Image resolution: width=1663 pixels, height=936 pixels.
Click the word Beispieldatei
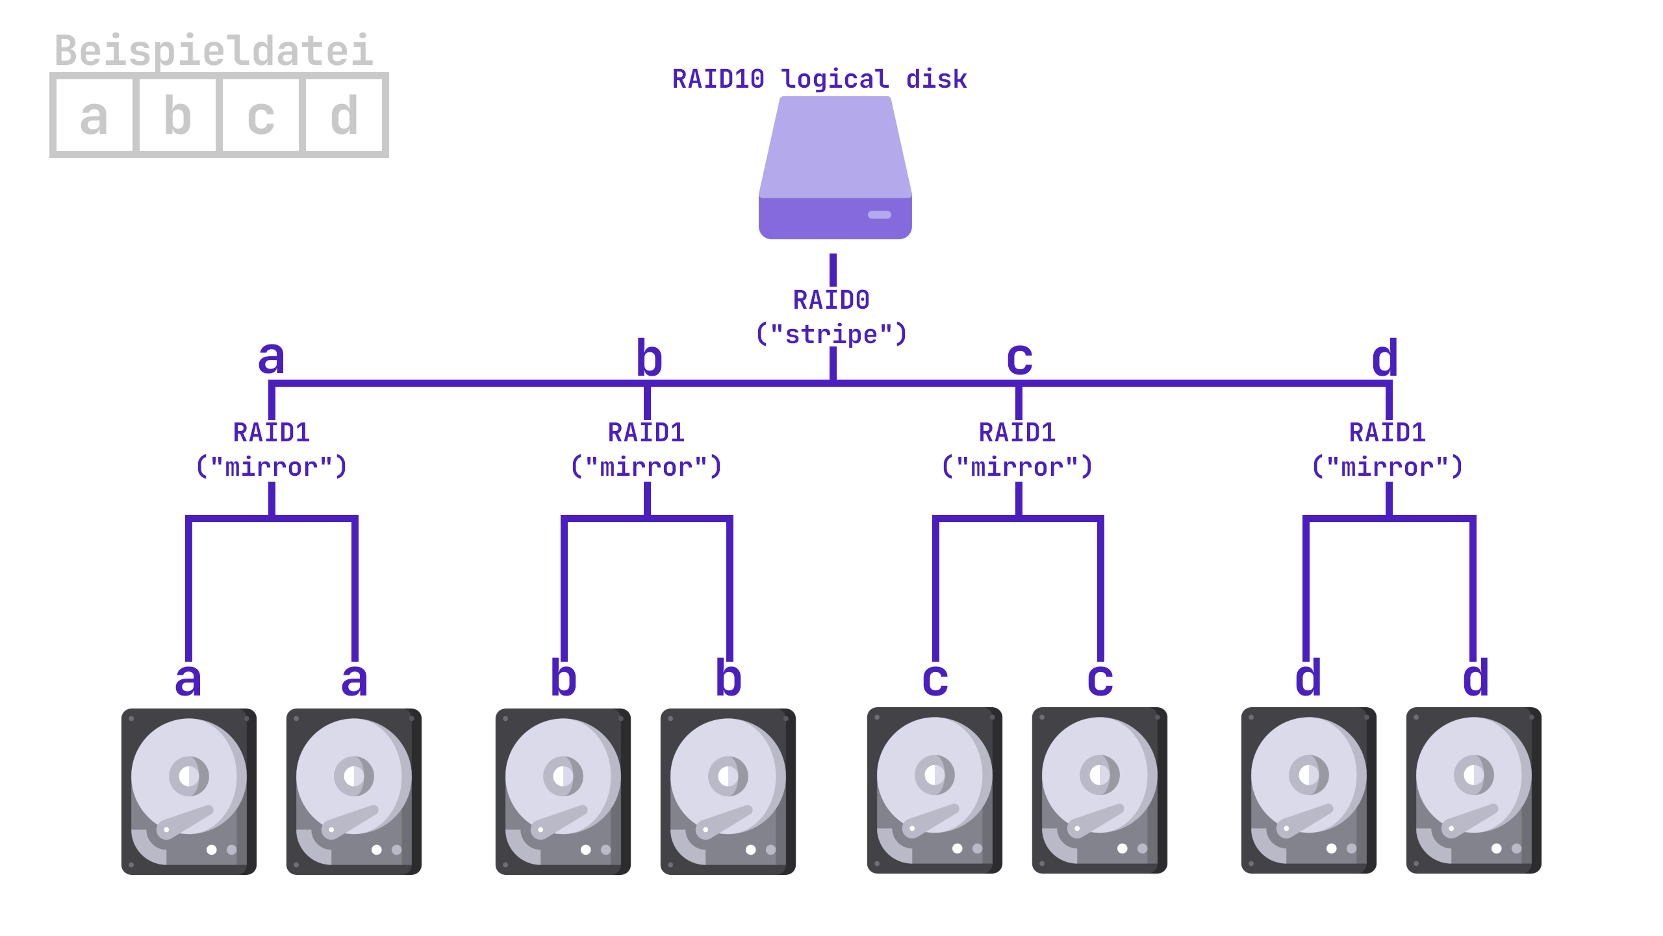tap(214, 51)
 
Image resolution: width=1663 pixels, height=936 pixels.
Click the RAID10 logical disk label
tap(819, 79)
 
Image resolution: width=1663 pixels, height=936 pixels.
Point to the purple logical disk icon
tap(835, 168)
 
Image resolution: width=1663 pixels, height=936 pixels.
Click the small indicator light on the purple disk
tap(879, 215)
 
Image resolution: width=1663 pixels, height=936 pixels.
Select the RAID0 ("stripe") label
tap(831, 317)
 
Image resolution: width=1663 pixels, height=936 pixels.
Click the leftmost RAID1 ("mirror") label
tap(272, 450)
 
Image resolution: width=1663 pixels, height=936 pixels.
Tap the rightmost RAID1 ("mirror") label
tap(1388, 450)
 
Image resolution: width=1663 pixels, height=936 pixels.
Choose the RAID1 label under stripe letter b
tap(646, 450)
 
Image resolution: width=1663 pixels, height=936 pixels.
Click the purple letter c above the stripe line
tap(1019, 358)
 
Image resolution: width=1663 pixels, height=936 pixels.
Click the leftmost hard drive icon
tap(188, 791)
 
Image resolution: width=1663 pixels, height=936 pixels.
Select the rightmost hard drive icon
tap(1473, 790)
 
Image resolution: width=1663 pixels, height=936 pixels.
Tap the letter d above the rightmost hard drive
tap(1475, 678)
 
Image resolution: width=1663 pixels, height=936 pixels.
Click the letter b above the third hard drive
tap(563, 678)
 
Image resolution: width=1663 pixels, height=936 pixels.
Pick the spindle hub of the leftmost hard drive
tap(188, 776)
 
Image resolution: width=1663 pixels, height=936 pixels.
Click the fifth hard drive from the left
tap(934, 790)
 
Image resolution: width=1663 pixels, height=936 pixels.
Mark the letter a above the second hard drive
tap(354, 679)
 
